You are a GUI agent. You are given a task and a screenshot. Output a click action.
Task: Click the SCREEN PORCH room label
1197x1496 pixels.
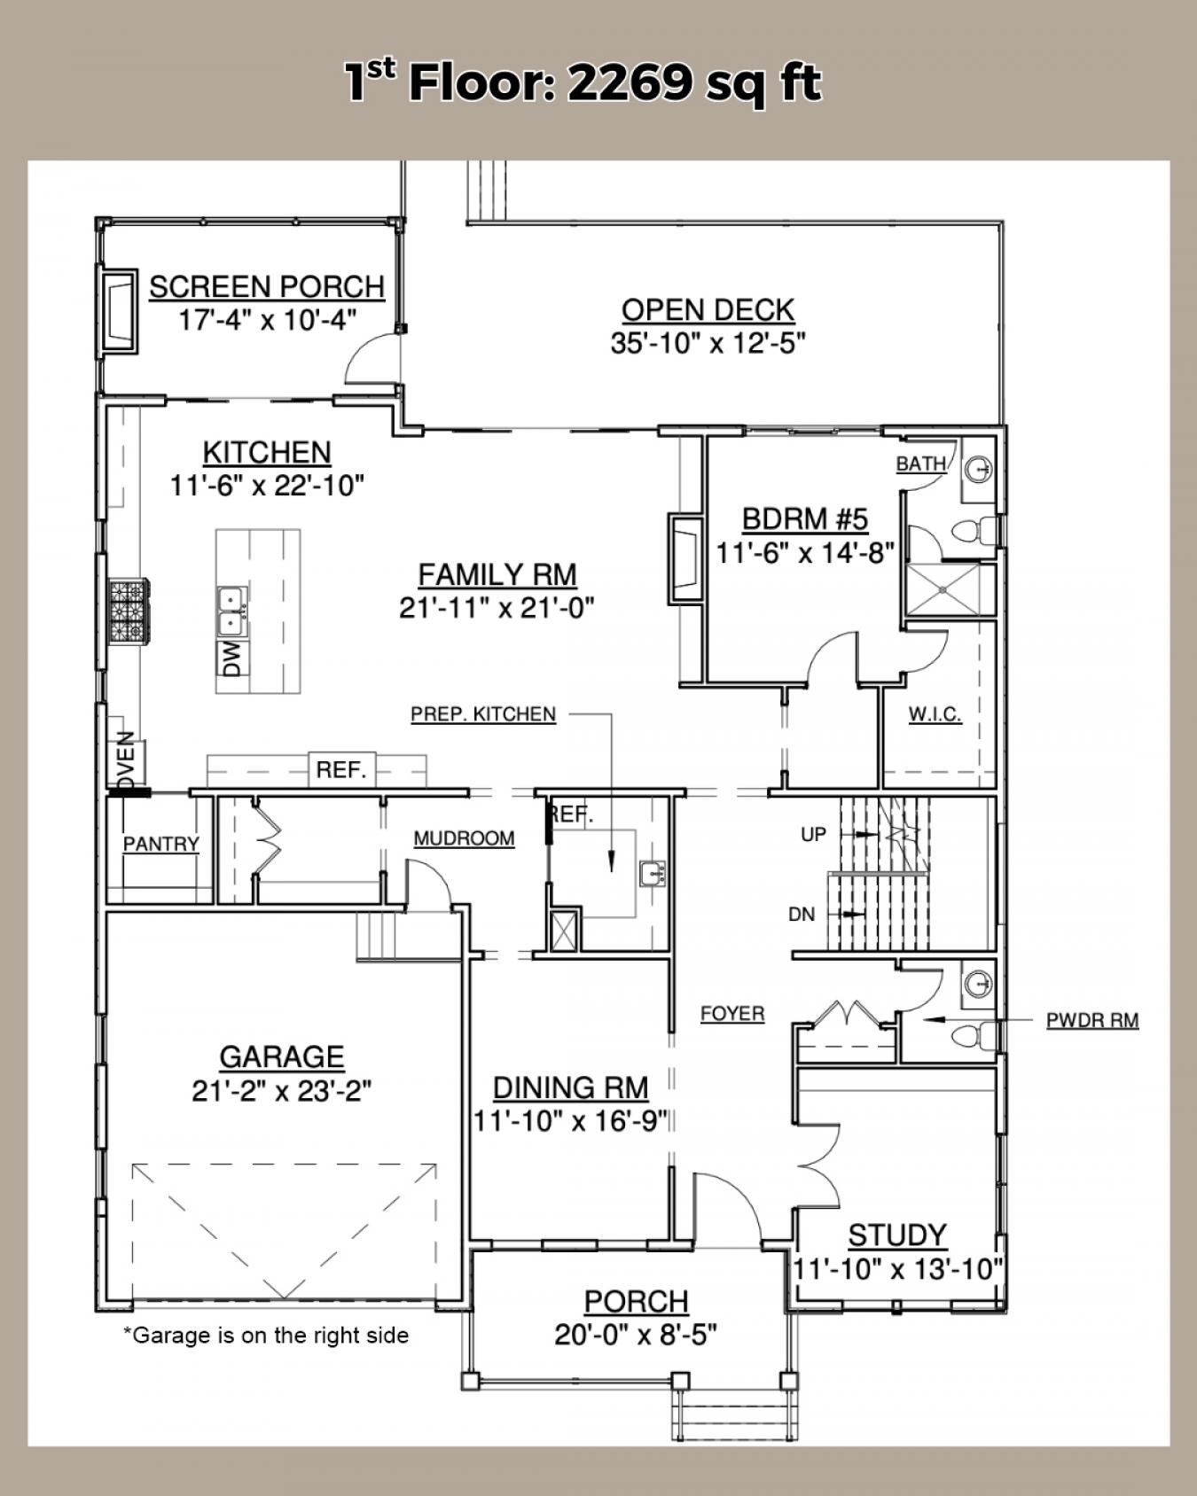[267, 287]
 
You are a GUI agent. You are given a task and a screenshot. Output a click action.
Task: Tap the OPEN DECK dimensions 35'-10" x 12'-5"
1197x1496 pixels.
[708, 343]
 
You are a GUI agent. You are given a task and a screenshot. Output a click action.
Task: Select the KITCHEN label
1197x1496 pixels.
[267, 452]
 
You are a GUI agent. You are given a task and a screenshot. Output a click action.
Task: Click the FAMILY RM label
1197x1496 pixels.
[497, 574]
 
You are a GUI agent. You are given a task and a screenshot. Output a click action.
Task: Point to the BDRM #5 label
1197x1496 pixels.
[804, 518]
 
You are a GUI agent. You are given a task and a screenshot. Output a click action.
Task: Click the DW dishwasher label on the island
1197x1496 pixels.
[232, 659]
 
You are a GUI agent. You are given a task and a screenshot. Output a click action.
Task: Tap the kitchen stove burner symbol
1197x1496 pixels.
[129, 610]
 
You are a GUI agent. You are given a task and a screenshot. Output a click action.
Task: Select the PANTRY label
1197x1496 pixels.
[160, 844]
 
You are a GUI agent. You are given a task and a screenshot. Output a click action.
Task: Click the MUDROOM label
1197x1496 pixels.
[464, 838]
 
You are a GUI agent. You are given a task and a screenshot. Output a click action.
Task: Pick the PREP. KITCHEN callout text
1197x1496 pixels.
[483, 714]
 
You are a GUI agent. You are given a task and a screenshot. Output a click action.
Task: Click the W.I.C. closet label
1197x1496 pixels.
[935, 714]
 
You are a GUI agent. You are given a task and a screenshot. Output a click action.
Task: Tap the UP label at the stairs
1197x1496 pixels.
[813, 834]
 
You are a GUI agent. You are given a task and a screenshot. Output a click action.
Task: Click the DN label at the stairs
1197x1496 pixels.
[802, 915]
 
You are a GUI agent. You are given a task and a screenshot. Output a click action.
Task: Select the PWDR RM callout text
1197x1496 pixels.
[1092, 1020]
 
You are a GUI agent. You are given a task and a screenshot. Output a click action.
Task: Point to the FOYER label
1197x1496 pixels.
[732, 1013]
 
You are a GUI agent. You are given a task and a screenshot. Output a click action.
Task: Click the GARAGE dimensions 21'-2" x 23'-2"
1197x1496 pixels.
[281, 1091]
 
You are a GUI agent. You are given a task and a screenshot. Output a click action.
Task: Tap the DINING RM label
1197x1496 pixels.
[570, 1087]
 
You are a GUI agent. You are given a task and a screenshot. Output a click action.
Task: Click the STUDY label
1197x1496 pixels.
[897, 1235]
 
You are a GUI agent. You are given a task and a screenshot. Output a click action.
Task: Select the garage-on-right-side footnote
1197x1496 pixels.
[266, 1335]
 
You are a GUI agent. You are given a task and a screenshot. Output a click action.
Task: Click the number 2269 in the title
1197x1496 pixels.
[630, 83]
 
